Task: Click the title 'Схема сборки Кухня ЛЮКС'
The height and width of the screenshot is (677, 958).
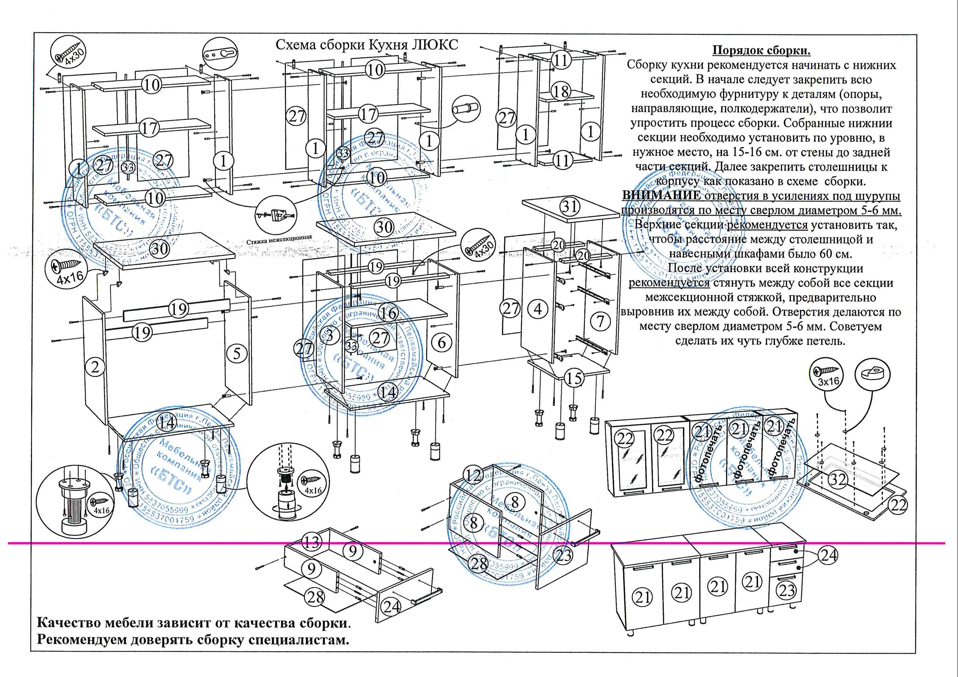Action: [x=367, y=45]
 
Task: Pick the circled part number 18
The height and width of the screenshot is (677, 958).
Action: [x=561, y=91]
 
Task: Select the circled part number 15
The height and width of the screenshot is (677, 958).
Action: [x=574, y=378]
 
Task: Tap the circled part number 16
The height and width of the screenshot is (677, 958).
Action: [x=388, y=312]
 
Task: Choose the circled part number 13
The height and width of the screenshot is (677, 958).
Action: [x=312, y=542]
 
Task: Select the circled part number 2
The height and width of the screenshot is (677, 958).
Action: [x=95, y=367]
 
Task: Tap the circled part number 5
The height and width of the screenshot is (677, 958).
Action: [x=237, y=354]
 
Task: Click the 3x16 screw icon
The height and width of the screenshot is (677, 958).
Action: [x=826, y=374]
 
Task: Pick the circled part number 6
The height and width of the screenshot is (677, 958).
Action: [x=441, y=342]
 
